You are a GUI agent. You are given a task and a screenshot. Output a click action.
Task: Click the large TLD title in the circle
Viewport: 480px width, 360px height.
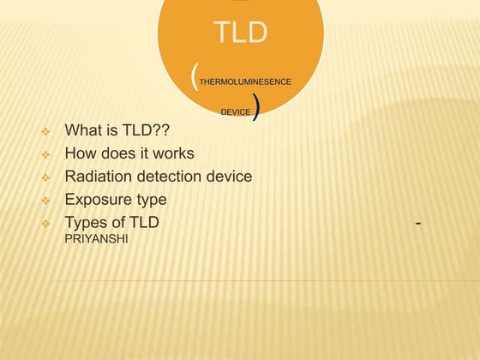click(241, 33)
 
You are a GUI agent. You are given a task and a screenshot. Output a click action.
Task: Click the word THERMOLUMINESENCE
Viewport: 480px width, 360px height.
click(245, 81)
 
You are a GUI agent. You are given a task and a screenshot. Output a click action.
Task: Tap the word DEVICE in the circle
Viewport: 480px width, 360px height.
click(236, 112)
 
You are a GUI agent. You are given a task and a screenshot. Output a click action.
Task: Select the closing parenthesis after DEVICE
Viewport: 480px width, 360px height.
click(257, 110)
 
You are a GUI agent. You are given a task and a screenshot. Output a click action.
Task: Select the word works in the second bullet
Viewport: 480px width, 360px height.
click(171, 153)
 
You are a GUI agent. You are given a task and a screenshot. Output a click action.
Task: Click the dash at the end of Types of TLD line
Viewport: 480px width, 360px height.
click(417, 224)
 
